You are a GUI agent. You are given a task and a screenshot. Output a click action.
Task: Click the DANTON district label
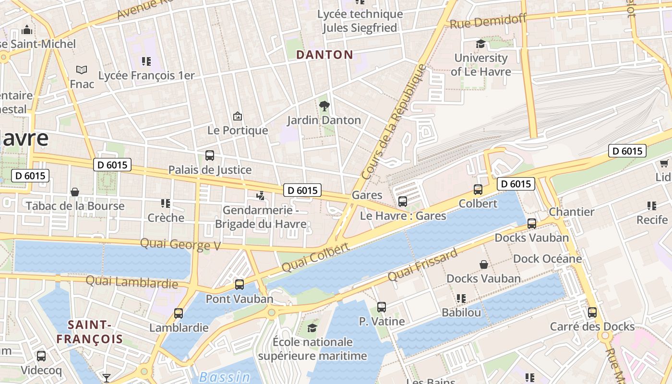324,55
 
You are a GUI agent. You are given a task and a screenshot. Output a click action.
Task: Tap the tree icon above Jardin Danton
324,106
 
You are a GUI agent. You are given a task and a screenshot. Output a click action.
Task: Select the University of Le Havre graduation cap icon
480,44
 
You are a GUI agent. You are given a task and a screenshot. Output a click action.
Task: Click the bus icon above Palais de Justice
210,156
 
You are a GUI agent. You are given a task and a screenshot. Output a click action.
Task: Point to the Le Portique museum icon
237,116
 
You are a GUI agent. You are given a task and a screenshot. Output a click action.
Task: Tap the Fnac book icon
82,70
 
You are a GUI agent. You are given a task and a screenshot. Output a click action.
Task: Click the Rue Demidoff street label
488,21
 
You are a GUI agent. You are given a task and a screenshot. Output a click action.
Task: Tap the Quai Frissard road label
422,266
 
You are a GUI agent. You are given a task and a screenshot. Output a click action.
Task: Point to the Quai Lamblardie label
132,282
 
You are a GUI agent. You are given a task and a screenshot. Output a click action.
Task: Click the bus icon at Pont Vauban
240,285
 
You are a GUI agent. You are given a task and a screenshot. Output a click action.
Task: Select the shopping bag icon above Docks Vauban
484,264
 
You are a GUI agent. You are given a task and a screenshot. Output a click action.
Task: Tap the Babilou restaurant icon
461,299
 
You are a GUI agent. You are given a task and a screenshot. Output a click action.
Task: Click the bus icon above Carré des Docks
592,312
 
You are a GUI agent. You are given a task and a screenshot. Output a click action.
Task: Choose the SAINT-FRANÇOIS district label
90,332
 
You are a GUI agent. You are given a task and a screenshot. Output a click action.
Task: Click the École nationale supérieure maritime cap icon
312,328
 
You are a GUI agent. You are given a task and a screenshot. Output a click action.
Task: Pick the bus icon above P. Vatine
382,307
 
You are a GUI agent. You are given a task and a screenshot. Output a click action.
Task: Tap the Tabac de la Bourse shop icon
75,192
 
